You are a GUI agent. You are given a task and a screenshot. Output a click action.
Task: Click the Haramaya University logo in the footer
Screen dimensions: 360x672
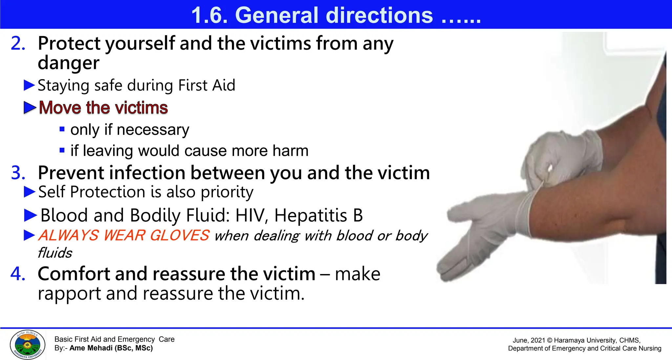[28, 345]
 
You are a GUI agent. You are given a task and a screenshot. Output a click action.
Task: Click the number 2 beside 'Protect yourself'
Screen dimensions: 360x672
[18, 43]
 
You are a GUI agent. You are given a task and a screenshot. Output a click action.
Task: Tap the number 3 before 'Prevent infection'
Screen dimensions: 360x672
[18, 173]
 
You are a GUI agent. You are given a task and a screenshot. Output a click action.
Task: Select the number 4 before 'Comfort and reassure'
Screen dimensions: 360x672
[18, 274]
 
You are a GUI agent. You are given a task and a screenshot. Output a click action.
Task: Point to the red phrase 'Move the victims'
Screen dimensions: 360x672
[103, 108]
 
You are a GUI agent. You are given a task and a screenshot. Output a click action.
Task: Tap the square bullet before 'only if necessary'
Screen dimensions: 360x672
[62, 129]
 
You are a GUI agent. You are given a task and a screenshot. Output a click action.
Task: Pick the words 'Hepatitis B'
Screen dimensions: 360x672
[318, 216]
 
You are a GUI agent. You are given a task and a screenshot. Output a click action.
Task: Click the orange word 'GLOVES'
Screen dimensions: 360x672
[179, 236]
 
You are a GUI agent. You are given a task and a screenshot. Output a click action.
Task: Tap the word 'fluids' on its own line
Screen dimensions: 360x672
[55, 253]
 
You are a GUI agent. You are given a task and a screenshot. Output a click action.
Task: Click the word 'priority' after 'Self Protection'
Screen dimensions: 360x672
[227, 192]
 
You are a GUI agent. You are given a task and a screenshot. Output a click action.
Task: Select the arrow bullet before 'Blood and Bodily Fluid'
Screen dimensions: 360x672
[31, 215]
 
